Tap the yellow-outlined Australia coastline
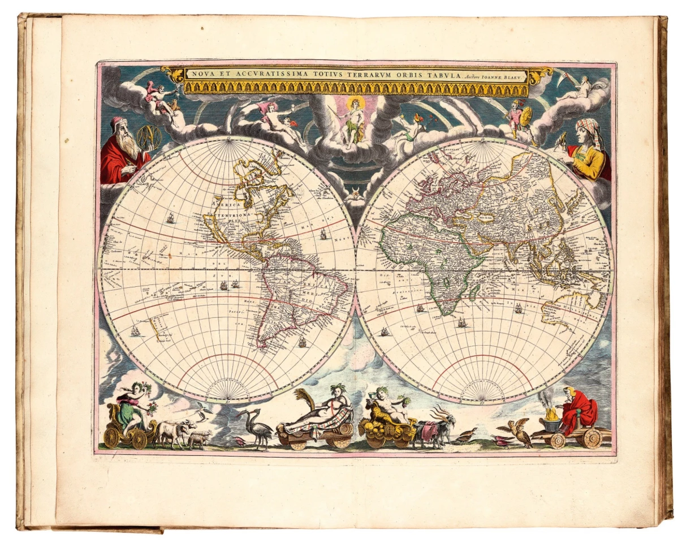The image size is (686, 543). (x=566, y=308)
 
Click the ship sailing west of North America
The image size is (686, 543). (x=170, y=217)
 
